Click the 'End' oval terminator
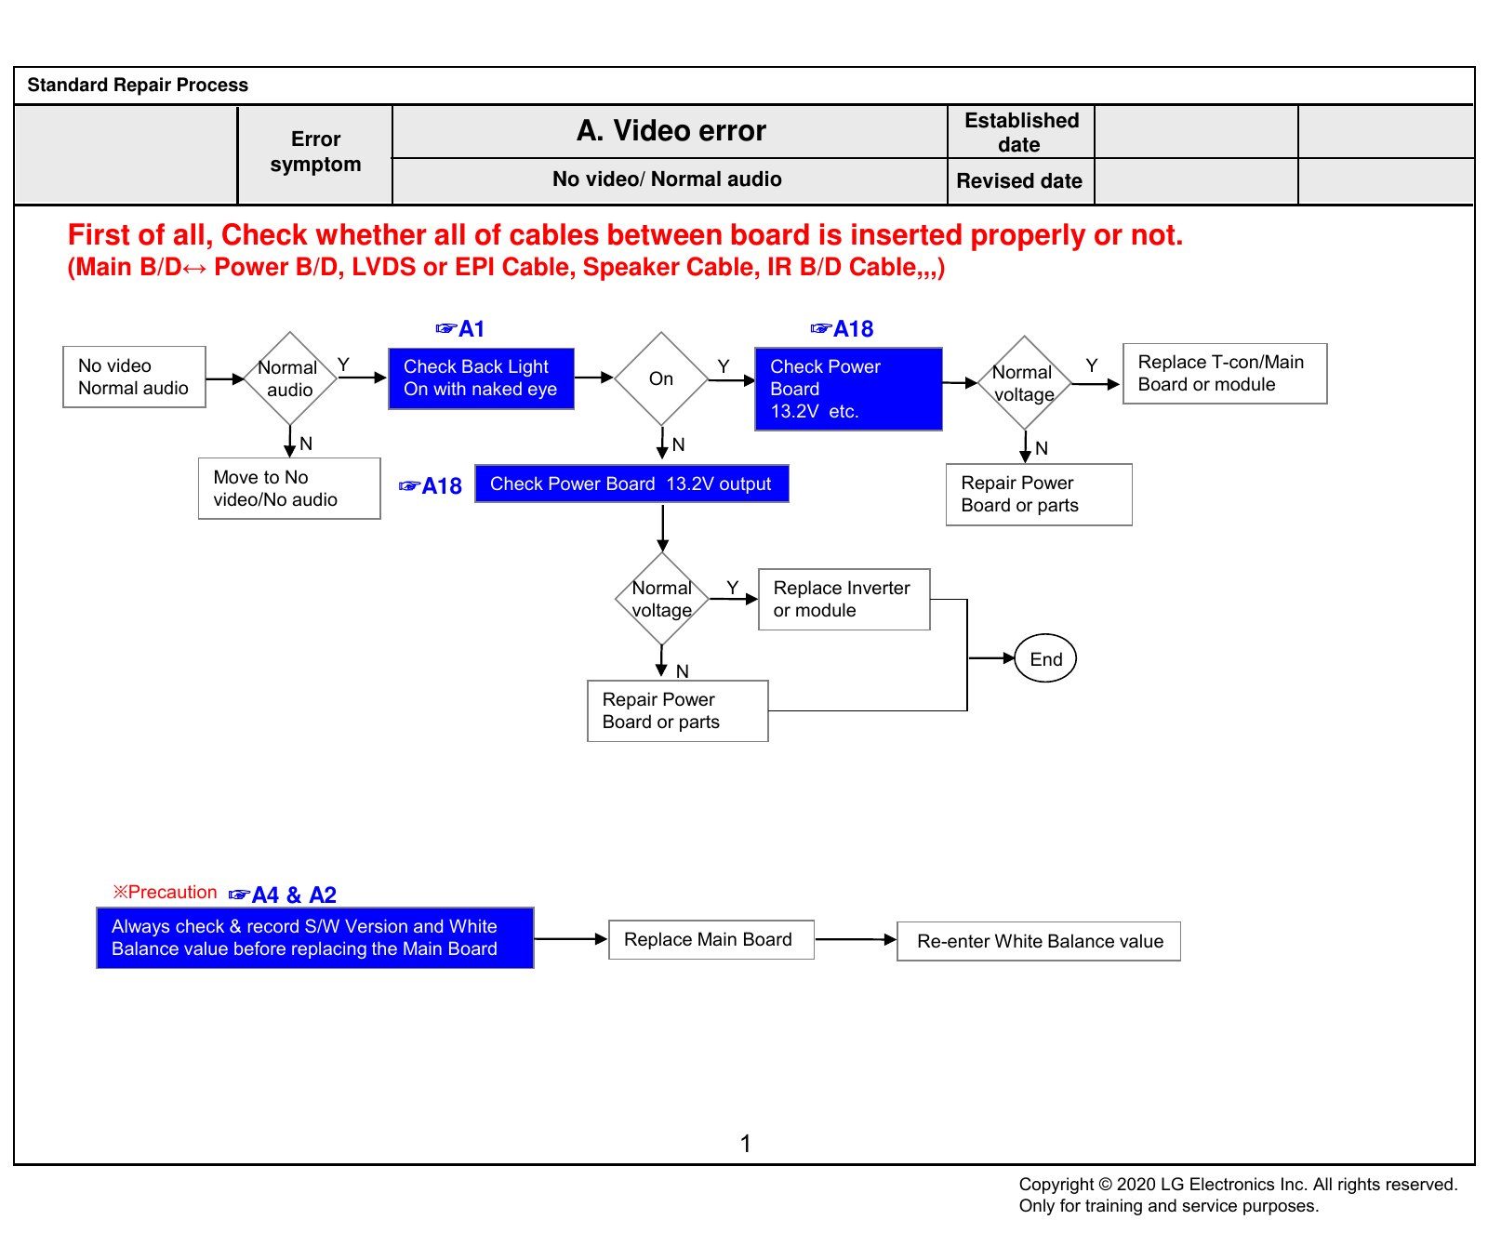click(1045, 658)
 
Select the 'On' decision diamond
click(661, 378)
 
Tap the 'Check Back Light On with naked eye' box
click(481, 378)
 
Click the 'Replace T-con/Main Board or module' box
click(1225, 374)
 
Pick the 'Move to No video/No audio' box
click(289, 488)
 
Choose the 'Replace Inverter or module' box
click(844, 600)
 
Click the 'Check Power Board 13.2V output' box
click(631, 484)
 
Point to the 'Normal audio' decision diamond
click(290, 378)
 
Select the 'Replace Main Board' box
click(711, 940)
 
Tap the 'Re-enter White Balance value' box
click(1039, 941)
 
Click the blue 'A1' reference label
click(460, 329)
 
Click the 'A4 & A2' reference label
click(283, 895)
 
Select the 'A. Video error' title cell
click(671, 131)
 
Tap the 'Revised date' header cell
click(1020, 181)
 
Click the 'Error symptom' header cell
click(315, 152)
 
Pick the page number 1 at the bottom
click(745, 1144)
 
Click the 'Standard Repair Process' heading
click(138, 85)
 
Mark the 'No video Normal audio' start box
click(134, 377)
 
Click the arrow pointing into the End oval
click(991, 658)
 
